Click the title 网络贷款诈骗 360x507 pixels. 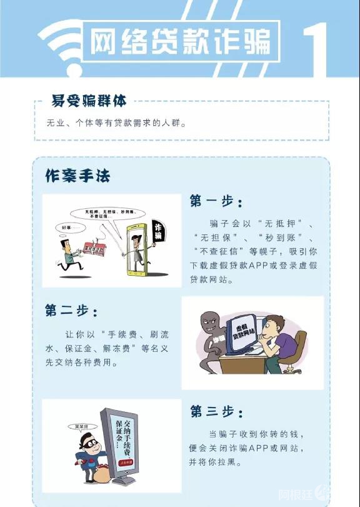pyautogui.click(x=181, y=42)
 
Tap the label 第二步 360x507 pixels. pyautogui.click(x=71, y=310)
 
